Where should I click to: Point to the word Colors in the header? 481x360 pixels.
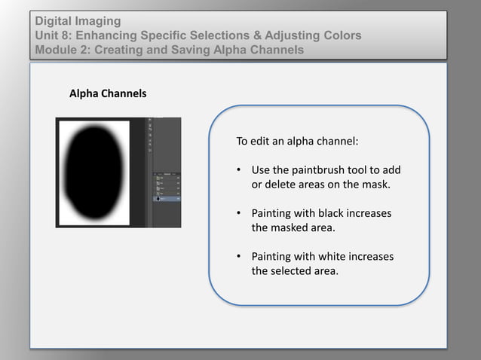tap(340, 35)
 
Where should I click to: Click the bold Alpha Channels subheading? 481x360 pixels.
tap(108, 94)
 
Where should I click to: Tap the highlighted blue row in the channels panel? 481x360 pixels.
tap(168, 200)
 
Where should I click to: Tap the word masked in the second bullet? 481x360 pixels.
tap(289, 227)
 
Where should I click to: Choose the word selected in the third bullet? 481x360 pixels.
tap(291, 271)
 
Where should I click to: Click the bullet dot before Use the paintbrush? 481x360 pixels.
tap(239, 170)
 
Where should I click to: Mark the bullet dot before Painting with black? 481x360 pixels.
tap(239, 213)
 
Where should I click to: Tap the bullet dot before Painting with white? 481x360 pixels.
tap(239, 257)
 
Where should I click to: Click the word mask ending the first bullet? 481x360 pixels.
tap(378, 185)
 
